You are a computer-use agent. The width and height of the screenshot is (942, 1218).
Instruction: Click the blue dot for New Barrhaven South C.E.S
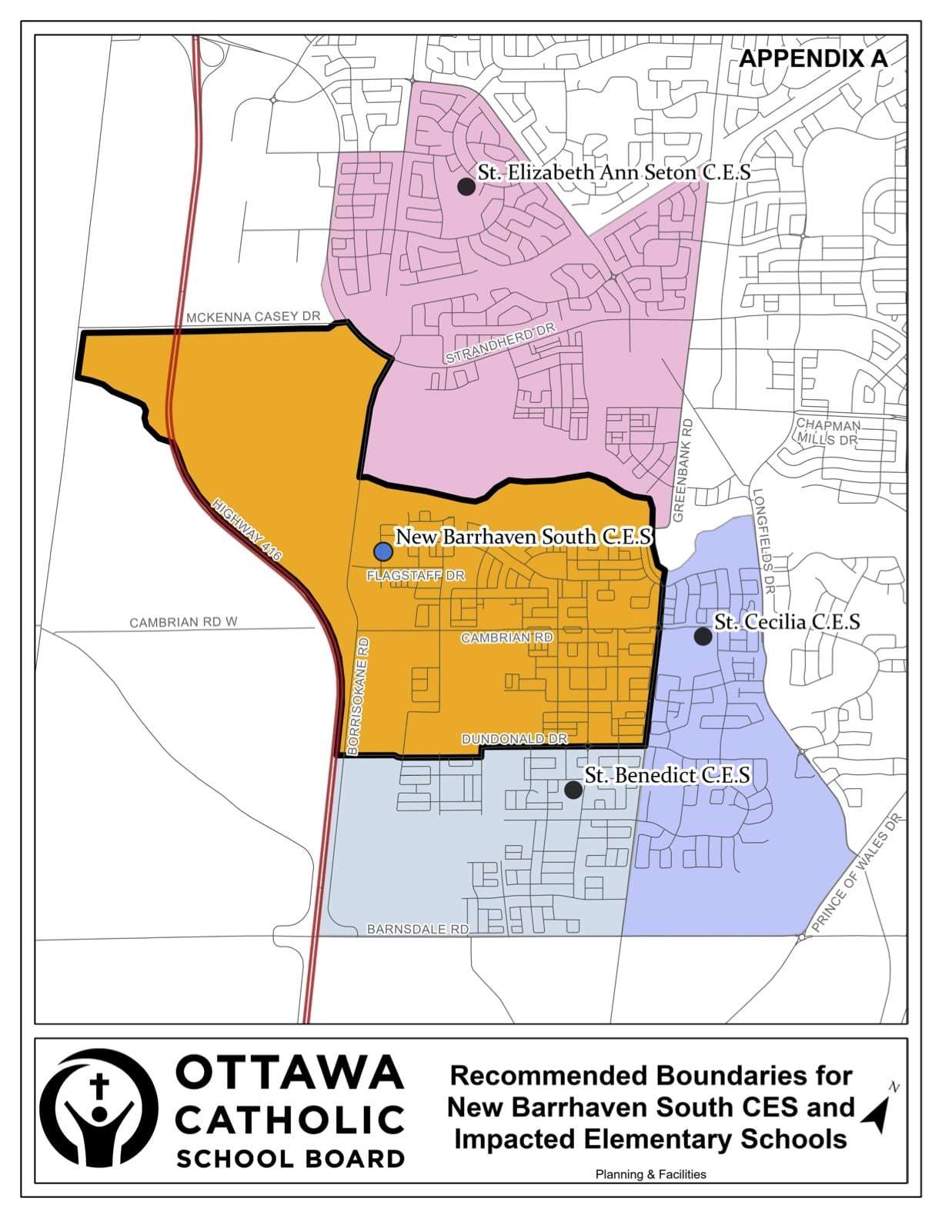pyautogui.click(x=382, y=551)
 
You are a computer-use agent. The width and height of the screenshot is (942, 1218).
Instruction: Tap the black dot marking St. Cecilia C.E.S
pyautogui.click(x=702, y=636)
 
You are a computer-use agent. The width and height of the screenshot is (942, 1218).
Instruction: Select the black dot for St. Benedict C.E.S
pyautogui.click(x=573, y=790)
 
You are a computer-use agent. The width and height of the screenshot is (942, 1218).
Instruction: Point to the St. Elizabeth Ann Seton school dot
pyautogui.click(x=465, y=186)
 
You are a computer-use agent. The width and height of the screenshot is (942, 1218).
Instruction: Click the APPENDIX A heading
pyautogui.click(x=813, y=59)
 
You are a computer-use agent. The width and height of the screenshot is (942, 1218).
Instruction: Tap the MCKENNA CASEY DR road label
pyautogui.click(x=252, y=317)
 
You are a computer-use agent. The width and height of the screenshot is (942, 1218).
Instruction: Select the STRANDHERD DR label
pyautogui.click(x=500, y=344)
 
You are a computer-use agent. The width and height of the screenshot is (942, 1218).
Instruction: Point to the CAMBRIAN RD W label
pyautogui.click(x=183, y=622)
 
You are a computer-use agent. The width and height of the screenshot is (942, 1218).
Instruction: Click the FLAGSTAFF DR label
pyautogui.click(x=416, y=575)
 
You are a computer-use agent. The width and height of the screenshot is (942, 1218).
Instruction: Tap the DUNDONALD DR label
pyautogui.click(x=514, y=739)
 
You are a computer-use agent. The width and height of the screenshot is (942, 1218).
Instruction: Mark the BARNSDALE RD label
pyautogui.click(x=418, y=929)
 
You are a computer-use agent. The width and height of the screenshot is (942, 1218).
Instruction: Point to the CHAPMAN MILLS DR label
pyautogui.click(x=827, y=432)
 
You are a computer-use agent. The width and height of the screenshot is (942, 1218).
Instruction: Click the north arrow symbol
pyautogui.click(x=877, y=1110)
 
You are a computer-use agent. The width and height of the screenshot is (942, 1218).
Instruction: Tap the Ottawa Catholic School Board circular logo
pyautogui.click(x=99, y=1107)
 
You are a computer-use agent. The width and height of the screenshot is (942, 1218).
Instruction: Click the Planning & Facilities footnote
pyautogui.click(x=650, y=1174)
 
